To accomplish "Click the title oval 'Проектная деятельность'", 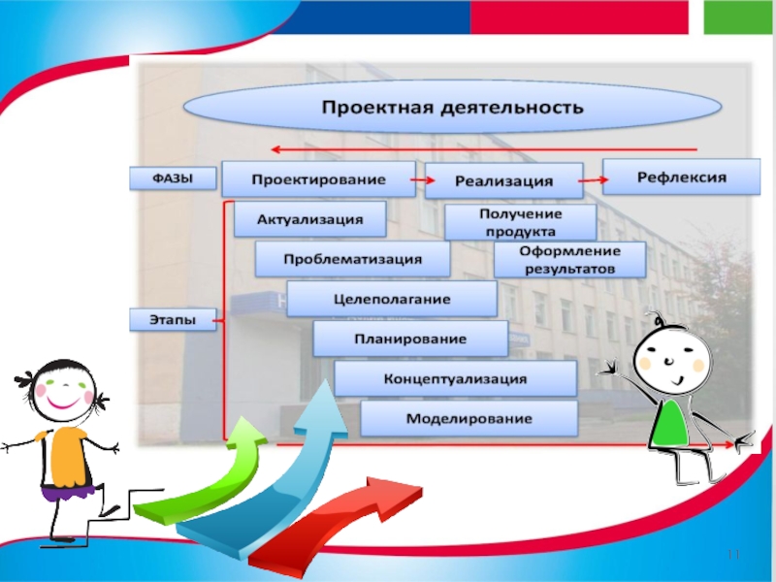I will [452, 106].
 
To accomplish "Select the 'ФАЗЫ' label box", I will [171, 178].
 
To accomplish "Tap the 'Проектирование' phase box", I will [318, 179].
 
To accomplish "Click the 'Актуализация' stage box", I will [309, 219].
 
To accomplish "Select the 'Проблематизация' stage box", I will [352, 259].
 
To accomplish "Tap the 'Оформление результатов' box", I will [568, 259].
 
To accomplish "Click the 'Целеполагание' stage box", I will [392, 300].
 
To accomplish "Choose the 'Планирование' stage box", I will [410, 339].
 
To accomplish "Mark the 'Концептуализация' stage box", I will [455, 378].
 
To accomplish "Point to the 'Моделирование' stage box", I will [469, 419].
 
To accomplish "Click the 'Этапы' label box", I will [173, 319].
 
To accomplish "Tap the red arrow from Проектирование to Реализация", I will [421, 179].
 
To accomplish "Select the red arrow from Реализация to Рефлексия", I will [592, 178].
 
